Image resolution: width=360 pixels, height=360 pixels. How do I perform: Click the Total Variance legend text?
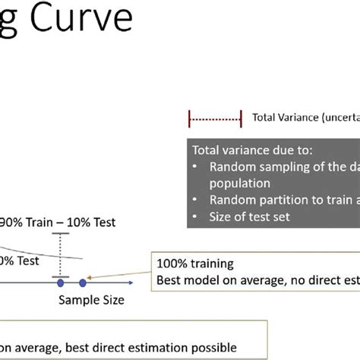point(300,118)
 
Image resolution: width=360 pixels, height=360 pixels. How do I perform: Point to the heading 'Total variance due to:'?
point(248,150)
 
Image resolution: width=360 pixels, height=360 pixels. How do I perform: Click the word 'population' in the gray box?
point(240,183)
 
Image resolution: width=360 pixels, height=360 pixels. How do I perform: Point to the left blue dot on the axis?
point(61,283)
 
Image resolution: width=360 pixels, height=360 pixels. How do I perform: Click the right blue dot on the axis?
point(83,283)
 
